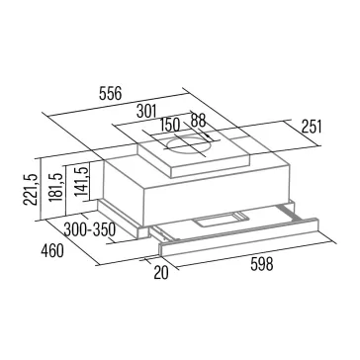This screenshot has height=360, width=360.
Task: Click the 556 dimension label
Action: pyautogui.click(x=110, y=94)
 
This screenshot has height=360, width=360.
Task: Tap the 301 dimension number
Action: pyautogui.click(x=146, y=112)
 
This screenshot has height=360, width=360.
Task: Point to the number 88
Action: pyautogui.click(x=199, y=121)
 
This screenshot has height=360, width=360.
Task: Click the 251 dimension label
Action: pyautogui.click(x=311, y=127)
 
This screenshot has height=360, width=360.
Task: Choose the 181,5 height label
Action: pyautogui.click(x=56, y=187)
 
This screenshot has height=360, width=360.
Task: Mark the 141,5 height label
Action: pyautogui.click(x=81, y=182)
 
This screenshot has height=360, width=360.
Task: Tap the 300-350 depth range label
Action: pyautogui.click(x=89, y=229)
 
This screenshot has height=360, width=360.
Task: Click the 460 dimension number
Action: pyautogui.click(x=52, y=251)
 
